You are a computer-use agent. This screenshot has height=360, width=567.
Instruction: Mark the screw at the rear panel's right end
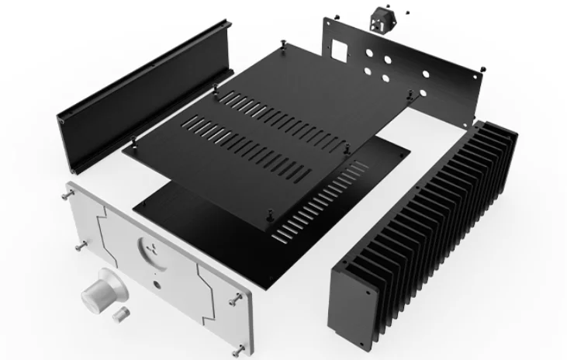[483, 69]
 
